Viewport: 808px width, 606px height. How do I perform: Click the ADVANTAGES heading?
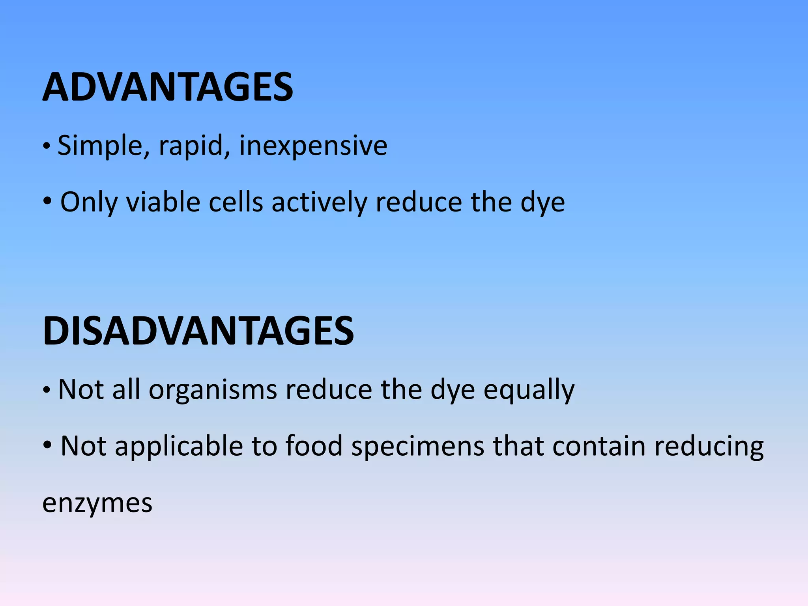click(x=168, y=87)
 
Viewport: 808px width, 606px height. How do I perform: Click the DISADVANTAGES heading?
click(x=198, y=331)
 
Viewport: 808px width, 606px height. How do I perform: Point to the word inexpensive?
click(x=313, y=146)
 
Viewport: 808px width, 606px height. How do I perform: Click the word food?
click(x=314, y=446)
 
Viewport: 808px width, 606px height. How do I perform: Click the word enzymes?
click(x=97, y=503)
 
